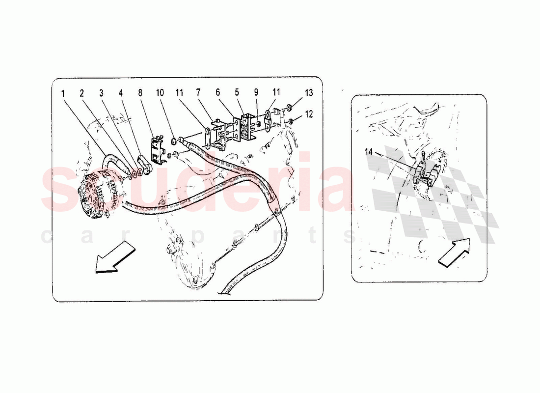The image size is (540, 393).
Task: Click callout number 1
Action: click(x=63, y=93)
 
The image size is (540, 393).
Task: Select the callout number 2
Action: click(x=82, y=93)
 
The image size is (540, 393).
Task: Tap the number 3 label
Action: click(x=101, y=93)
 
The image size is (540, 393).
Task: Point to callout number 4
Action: click(x=120, y=93)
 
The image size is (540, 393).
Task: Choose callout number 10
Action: click(x=159, y=93)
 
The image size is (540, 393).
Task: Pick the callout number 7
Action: click(x=198, y=93)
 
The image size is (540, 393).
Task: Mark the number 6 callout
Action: click(x=217, y=93)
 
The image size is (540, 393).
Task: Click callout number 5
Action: click(x=237, y=93)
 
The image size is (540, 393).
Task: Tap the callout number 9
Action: click(x=256, y=93)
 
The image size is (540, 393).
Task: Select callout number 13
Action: click(x=308, y=93)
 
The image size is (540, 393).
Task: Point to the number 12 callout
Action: click(x=308, y=114)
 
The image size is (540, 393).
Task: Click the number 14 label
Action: click(x=369, y=152)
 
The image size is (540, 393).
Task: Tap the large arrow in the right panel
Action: click(x=453, y=252)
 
